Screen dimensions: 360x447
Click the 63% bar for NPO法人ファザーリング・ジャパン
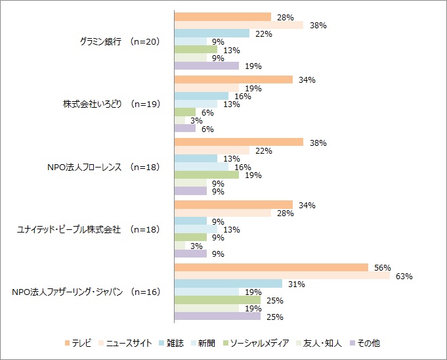click(282, 276)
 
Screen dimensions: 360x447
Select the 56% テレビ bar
click(271, 267)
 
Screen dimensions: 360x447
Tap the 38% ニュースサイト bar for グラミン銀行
click(239, 25)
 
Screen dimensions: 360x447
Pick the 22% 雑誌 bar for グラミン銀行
click(212, 34)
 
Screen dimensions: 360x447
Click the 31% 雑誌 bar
click(228, 284)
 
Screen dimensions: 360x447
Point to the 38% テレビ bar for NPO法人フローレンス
click(239, 143)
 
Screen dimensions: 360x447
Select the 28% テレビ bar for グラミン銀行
click(223, 17)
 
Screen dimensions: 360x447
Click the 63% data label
click(404, 277)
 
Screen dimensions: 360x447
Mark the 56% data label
click(383, 268)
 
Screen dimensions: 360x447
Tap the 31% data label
click(297, 284)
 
